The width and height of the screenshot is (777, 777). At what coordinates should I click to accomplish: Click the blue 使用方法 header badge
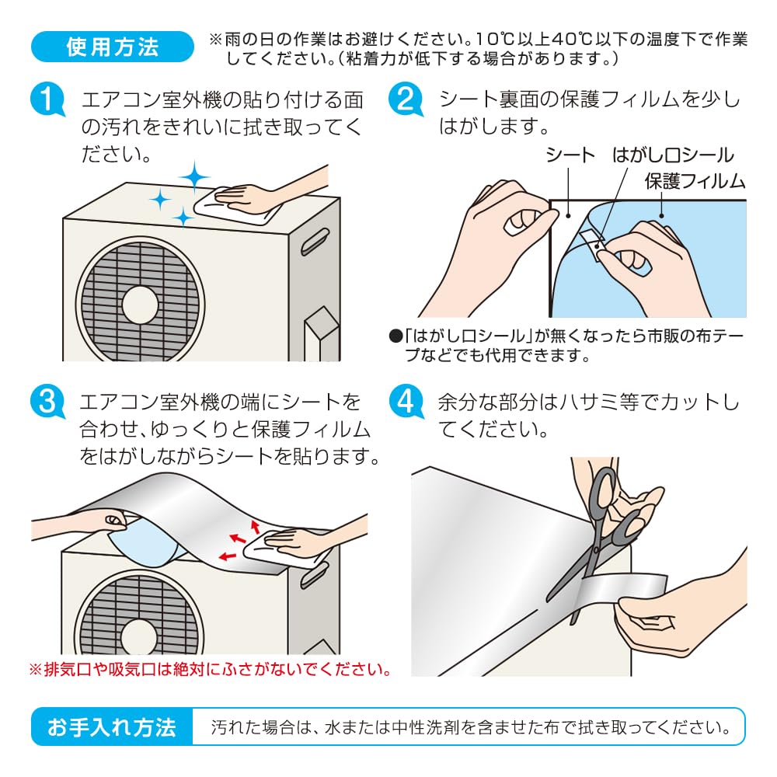(x=112, y=47)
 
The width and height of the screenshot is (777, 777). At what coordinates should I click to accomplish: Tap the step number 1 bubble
(x=47, y=99)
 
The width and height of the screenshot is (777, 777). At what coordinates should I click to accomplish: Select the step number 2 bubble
(x=406, y=99)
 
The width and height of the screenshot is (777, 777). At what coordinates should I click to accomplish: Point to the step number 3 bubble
(x=47, y=401)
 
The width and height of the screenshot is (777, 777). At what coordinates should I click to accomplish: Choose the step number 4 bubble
(x=406, y=401)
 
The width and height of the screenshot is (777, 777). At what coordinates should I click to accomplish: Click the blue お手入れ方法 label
(x=112, y=726)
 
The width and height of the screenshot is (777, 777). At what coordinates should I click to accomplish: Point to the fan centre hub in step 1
(x=140, y=305)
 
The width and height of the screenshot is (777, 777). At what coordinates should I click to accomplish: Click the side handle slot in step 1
(x=315, y=242)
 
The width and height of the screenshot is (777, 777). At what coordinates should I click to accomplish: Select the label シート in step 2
(x=570, y=155)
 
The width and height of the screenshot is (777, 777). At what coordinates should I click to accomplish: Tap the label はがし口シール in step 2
(x=672, y=155)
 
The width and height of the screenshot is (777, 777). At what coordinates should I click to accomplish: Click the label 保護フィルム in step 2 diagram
(x=695, y=181)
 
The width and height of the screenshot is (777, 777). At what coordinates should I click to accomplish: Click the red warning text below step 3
(x=211, y=670)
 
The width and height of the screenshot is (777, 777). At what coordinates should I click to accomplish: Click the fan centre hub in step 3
(x=139, y=637)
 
